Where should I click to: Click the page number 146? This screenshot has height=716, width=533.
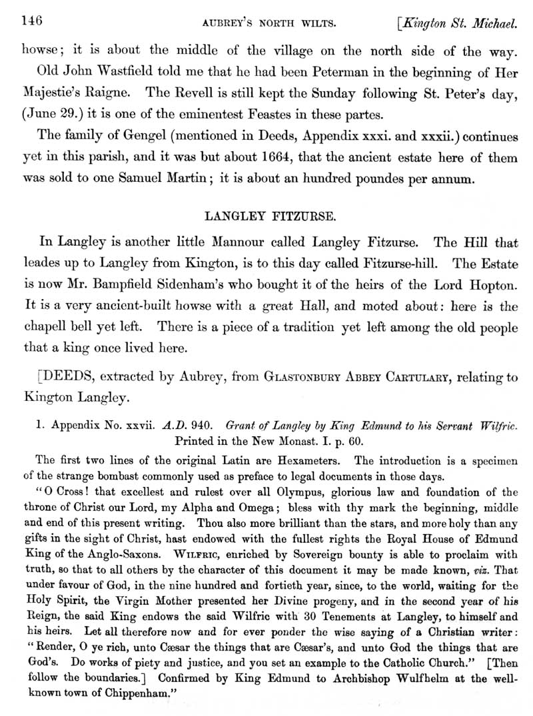[32, 21]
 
